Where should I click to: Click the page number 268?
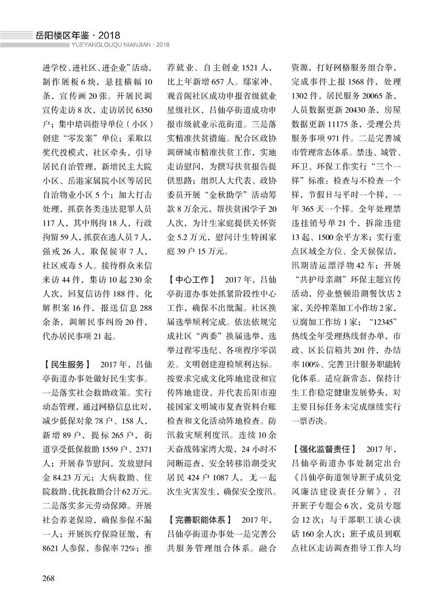tap(46, 576)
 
